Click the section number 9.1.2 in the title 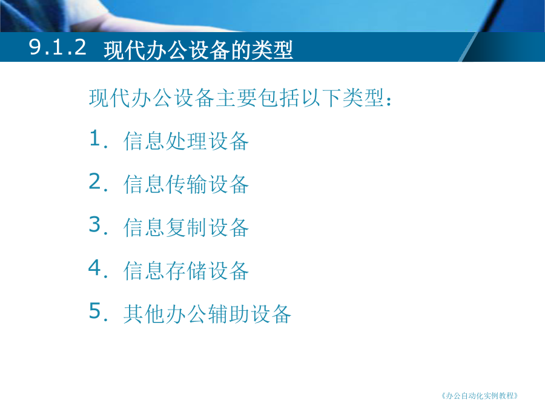tap(58, 47)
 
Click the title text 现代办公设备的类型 tap(199, 50)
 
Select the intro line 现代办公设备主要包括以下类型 tap(236, 98)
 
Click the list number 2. tap(98, 182)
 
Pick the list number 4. tap(98, 268)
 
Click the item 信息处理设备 tap(186, 141)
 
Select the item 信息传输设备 tap(186, 184)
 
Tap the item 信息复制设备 tap(186, 227)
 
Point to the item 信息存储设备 tap(186, 271)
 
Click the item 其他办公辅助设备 tap(207, 314)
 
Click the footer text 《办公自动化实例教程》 tap(480, 396)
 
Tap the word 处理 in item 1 tap(186, 141)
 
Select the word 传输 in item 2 tap(186, 184)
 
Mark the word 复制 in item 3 tap(186, 227)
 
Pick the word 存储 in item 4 tap(186, 271)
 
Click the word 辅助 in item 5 tap(228, 314)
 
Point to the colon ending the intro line tap(389, 100)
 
